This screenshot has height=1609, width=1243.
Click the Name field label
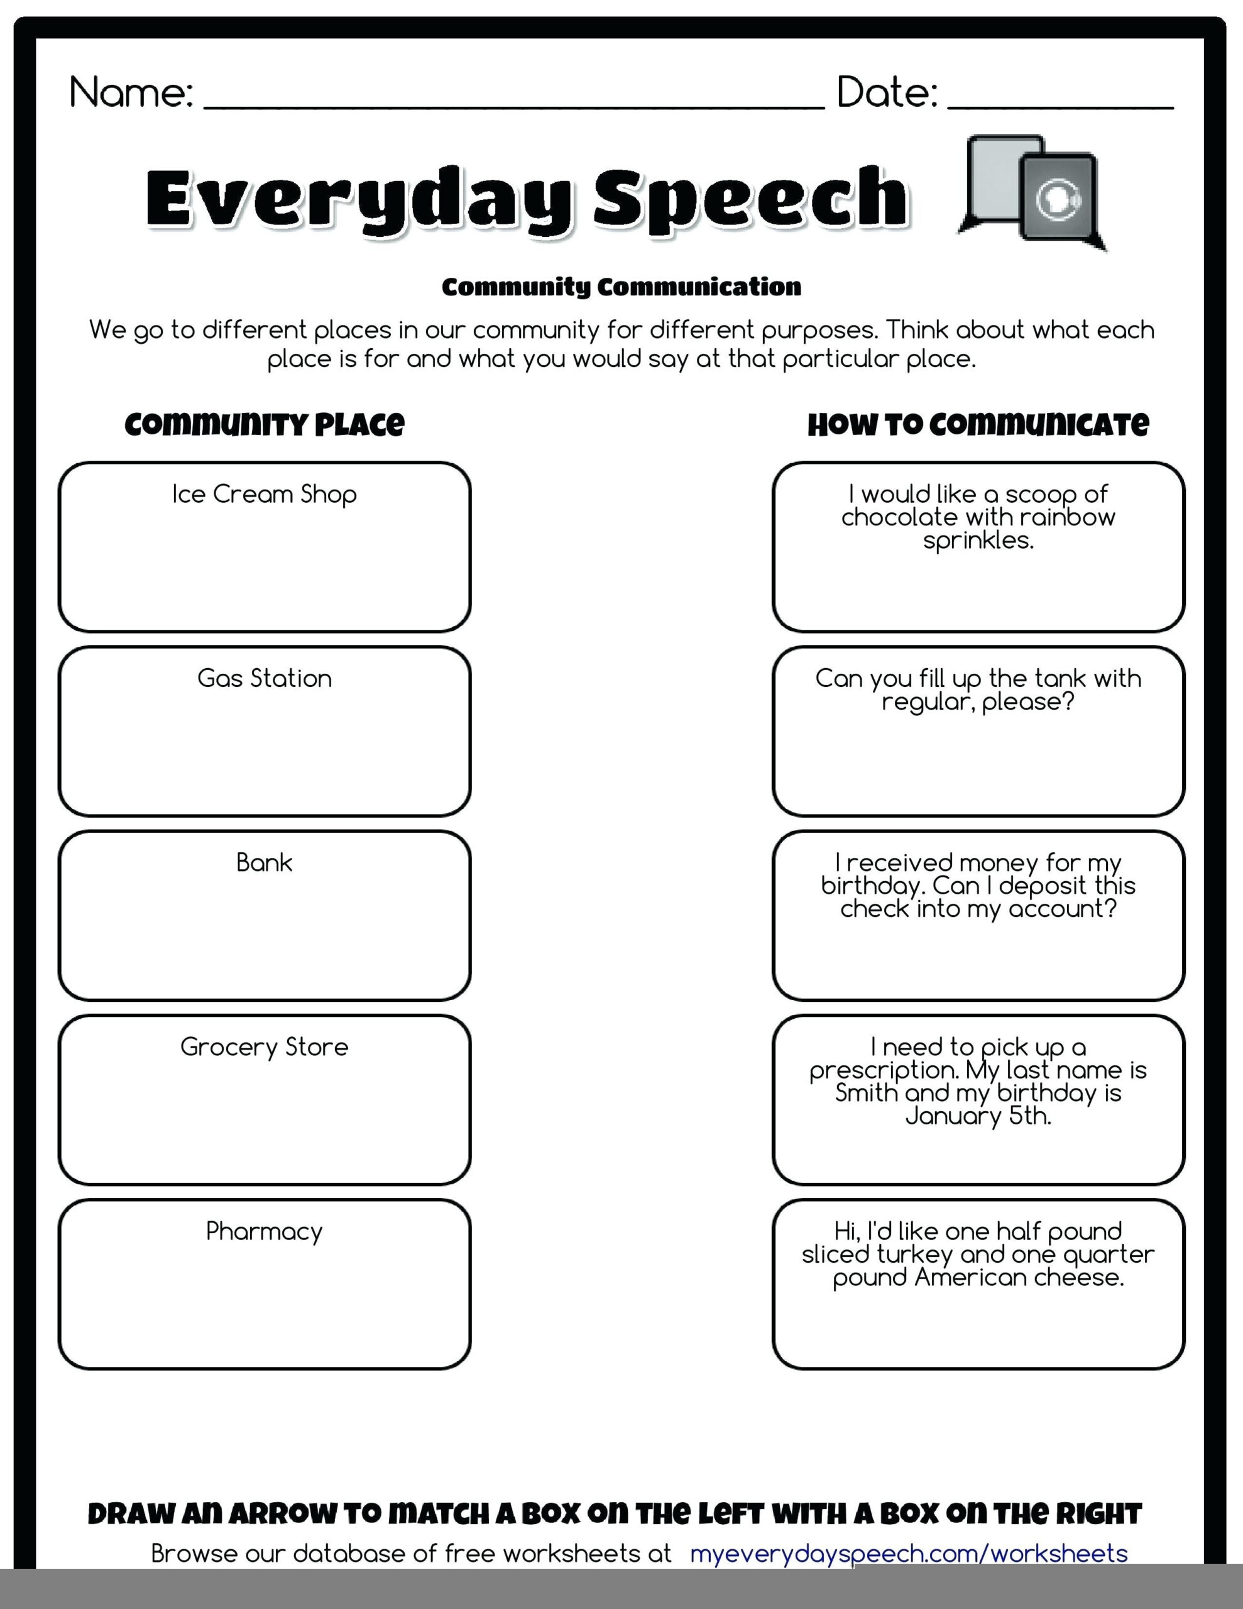tap(131, 93)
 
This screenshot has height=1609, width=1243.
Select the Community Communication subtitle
tap(621, 287)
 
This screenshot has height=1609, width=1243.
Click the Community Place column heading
tap(264, 424)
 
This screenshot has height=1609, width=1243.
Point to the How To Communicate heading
tap(978, 424)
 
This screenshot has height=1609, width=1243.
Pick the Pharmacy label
tap(264, 1231)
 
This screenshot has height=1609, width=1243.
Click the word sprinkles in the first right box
tap(978, 541)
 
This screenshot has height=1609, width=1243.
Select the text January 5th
tap(978, 1116)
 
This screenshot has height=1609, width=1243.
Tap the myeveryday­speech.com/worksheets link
tap(909, 1553)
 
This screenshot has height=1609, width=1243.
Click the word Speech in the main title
tap(750, 197)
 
